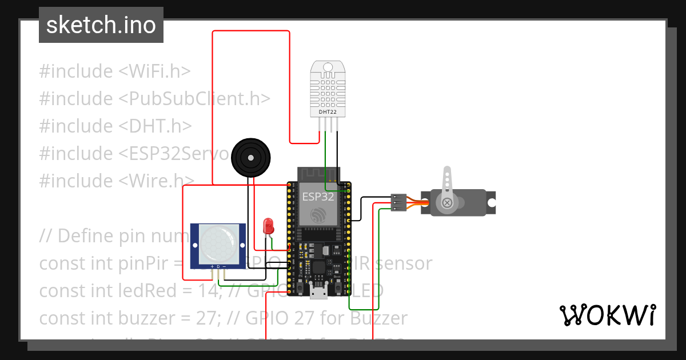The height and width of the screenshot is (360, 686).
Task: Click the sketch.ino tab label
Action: point(101,25)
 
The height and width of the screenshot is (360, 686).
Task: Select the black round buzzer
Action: point(250,157)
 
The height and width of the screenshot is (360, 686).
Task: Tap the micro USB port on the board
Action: point(318,292)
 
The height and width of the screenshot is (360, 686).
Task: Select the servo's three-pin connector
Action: point(398,202)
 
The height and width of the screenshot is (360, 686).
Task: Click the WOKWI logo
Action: point(607,315)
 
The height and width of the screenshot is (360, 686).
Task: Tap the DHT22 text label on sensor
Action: point(328,113)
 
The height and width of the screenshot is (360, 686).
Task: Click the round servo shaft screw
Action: point(448,202)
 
